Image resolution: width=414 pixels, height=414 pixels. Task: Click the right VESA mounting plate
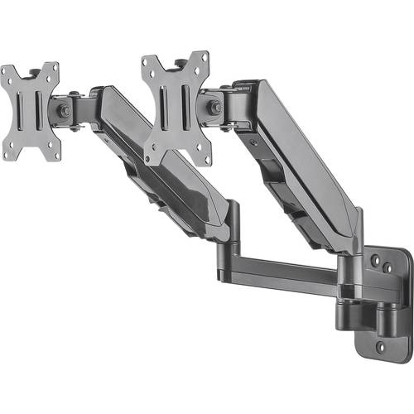[x=175, y=104]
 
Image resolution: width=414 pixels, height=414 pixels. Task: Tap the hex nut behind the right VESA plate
[x=214, y=107]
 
